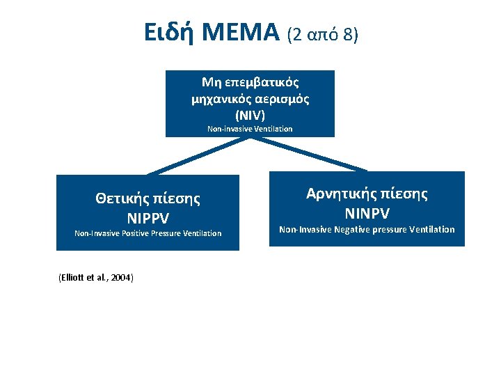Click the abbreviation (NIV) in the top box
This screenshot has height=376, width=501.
coord(250,113)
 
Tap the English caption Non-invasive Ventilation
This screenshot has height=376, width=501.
coord(250,129)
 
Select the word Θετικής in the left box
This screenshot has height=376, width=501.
coord(121,198)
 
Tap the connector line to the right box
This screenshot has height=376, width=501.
coord(310,155)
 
